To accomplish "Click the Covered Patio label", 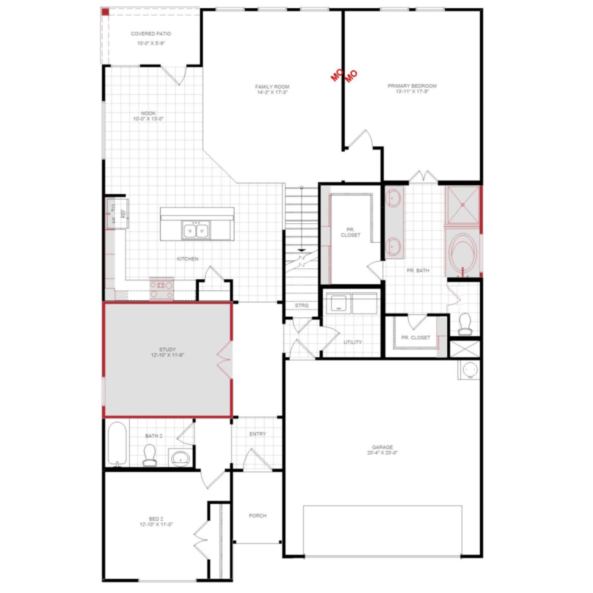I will (x=151, y=34).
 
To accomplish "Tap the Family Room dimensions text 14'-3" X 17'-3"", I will (x=272, y=92).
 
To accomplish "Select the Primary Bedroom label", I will (x=412, y=86).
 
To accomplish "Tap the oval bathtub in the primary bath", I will (x=463, y=251).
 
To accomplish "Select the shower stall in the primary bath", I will (x=463, y=204).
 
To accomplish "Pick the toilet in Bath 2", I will (x=149, y=455).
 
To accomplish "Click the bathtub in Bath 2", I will (x=117, y=444).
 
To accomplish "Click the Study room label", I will (x=167, y=349).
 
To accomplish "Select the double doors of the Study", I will (x=225, y=360).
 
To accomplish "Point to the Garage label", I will (x=382, y=447).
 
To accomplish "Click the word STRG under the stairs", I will (x=301, y=305).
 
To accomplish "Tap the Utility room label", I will (x=352, y=342).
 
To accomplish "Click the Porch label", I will (x=258, y=515).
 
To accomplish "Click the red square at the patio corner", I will (x=105, y=12).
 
